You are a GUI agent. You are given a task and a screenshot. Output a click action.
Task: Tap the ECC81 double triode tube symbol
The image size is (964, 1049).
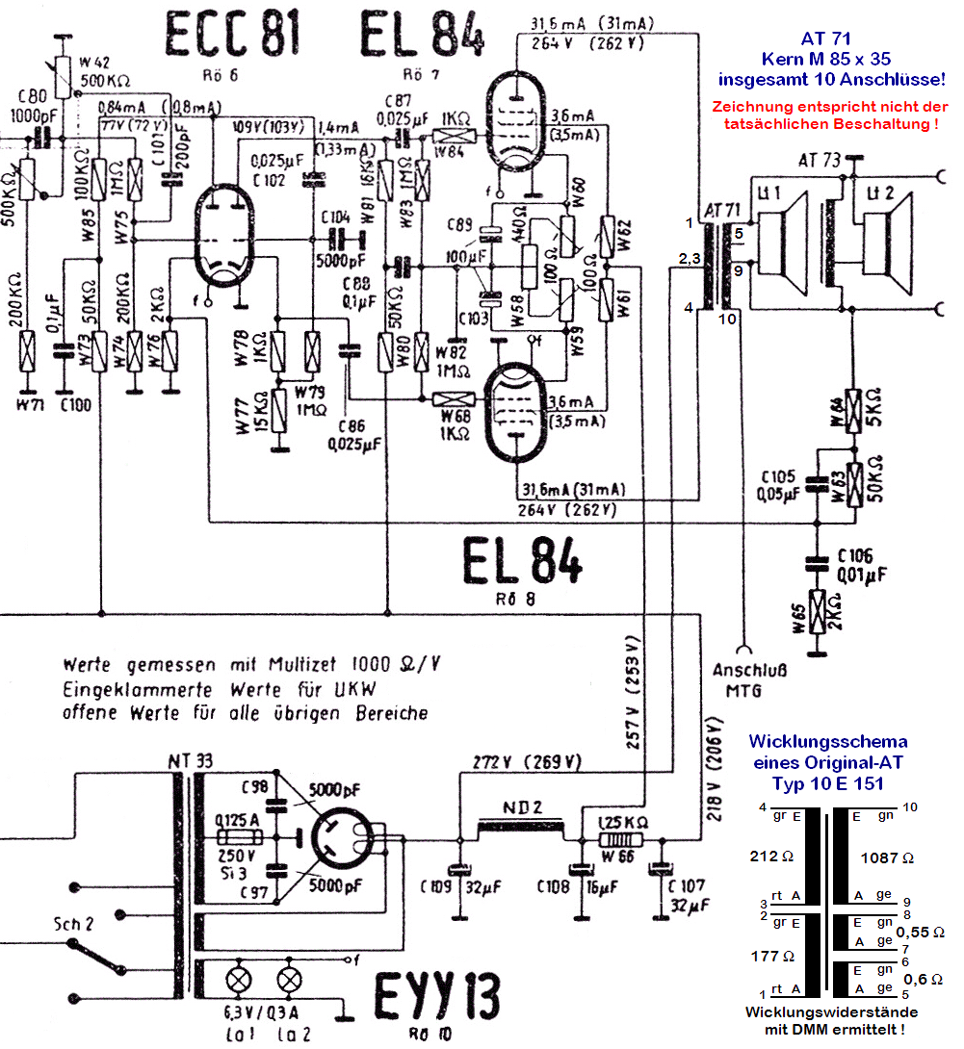click(x=229, y=237)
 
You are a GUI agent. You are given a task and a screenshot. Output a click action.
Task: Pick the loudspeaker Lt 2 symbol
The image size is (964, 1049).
click(x=883, y=241)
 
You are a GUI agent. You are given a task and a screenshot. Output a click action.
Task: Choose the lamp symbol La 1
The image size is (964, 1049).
click(x=237, y=981)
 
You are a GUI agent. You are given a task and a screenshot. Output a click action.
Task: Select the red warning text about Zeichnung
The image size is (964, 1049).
click(x=825, y=115)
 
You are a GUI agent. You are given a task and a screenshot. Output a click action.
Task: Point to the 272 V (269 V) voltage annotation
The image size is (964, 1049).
click(x=528, y=761)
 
